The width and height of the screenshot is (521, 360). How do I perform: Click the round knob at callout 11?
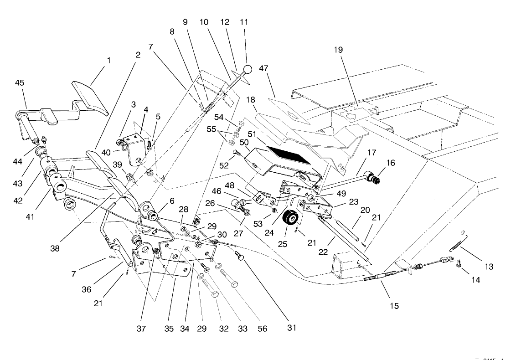tap(247, 70)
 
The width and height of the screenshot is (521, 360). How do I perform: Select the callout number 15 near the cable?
tap(394, 306)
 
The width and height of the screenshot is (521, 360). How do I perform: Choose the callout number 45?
tap(20, 82)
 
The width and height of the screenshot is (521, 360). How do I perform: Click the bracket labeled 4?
tap(137, 146)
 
